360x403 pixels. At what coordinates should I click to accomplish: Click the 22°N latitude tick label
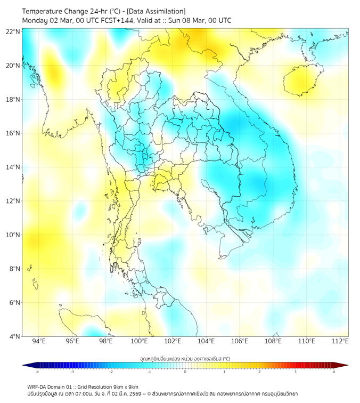[x=13, y=31]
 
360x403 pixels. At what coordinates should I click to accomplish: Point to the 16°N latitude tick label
[x=13, y=133]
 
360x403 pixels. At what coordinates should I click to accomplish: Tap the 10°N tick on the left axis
[x=13, y=235]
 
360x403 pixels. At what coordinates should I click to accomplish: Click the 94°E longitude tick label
[x=39, y=341]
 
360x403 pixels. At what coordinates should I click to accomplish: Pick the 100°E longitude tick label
[x=140, y=341]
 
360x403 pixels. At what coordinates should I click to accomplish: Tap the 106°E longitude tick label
[x=240, y=341]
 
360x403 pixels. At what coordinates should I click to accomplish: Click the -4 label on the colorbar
[x=37, y=372]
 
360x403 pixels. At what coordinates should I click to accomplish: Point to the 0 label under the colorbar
[x=185, y=372]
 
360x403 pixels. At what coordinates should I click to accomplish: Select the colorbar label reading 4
[x=333, y=372]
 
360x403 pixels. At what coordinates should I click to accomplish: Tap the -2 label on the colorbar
[x=111, y=372]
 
